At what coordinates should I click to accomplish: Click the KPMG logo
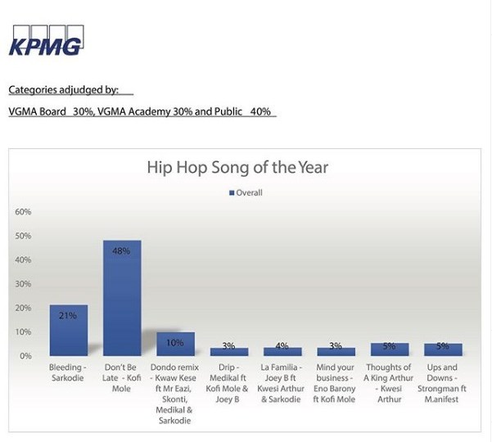click(46, 40)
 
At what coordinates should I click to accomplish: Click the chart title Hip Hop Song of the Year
click(237, 167)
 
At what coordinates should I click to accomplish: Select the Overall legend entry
click(246, 192)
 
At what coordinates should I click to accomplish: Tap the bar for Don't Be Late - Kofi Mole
click(122, 298)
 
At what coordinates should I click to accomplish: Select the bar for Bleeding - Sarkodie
click(69, 331)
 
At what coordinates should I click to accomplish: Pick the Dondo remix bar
click(176, 344)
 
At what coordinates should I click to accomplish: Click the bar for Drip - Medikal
click(229, 352)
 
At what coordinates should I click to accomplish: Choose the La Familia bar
click(282, 351)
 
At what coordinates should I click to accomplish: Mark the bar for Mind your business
click(336, 352)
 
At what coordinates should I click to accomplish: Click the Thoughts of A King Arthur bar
click(390, 350)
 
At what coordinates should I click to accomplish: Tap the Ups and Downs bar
click(443, 350)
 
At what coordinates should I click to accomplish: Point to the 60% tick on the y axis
click(23, 212)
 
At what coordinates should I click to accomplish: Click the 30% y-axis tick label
click(23, 284)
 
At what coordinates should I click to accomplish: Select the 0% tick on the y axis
click(25, 356)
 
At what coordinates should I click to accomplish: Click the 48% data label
click(121, 251)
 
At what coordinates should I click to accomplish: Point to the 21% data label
click(68, 315)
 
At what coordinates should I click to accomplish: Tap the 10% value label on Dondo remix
click(174, 343)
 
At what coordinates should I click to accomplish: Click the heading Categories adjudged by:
click(63, 90)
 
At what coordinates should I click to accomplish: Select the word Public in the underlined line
click(228, 111)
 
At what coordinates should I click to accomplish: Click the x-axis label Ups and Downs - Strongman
click(442, 383)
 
